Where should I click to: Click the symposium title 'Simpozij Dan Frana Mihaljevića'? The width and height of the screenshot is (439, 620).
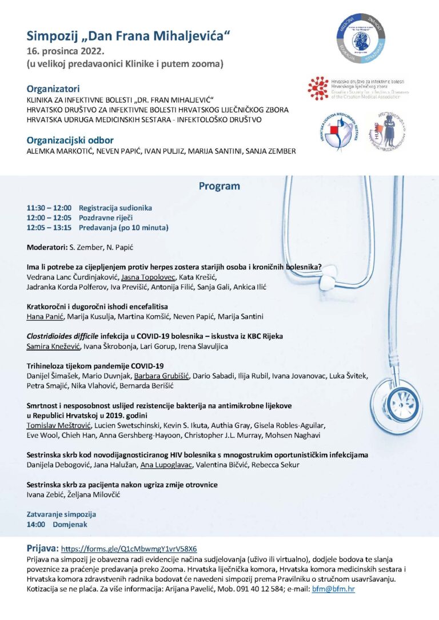click(x=129, y=36)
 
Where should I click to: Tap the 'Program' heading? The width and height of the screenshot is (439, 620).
click(x=219, y=186)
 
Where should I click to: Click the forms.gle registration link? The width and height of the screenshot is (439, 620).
click(x=129, y=548)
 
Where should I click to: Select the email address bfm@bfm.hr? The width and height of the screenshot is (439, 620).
click(x=334, y=588)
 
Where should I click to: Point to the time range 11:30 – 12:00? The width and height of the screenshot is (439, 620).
click(x=49, y=208)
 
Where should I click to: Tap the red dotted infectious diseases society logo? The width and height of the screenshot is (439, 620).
click(x=318, y=88)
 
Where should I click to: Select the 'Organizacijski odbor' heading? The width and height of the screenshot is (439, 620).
click(x=70, y=140)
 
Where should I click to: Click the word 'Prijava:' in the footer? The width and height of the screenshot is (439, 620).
click(x=42, y=547)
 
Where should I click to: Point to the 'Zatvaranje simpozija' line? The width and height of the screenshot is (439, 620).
click(x=61, y=514)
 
